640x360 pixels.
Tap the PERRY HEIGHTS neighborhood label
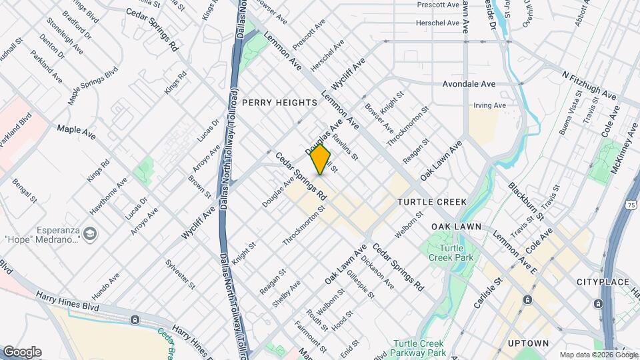(x=279, y=103)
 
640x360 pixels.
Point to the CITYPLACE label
(x=603, y=282)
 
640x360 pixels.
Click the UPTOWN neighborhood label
(x=528, y=343)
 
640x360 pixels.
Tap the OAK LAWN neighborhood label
(x=456, y=227)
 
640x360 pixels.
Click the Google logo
(x=22, y=351)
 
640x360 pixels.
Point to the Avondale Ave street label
(x=469, y=85)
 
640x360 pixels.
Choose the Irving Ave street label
(x=489, y=105)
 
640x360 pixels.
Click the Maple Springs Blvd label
(x=93, y=85)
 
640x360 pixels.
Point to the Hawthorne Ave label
(x=108, y=194)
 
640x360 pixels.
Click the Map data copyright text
(x=597, y=355)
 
